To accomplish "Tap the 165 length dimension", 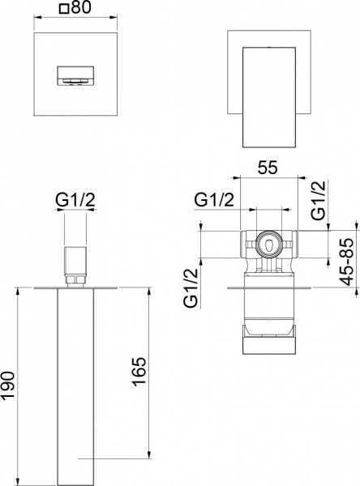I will click(x=138, y=373).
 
